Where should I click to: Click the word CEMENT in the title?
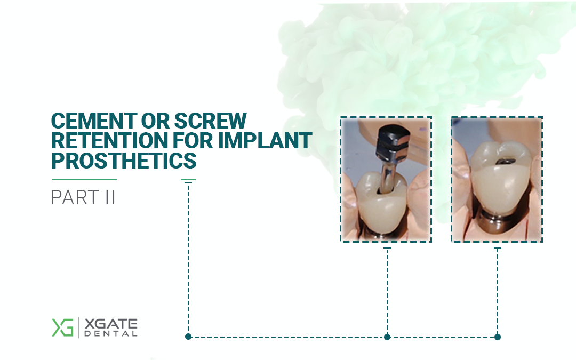point(94,121)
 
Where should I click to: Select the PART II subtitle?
point(83,197)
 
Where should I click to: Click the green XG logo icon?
point(62,327)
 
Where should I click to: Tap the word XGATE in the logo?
point(110,324)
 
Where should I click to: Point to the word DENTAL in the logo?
point(110,333)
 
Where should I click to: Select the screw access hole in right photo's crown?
point(502,161)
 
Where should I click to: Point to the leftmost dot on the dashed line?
point(188,337)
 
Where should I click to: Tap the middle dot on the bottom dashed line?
point(387,337)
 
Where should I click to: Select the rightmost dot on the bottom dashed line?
point(498,337)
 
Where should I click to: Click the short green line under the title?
point(84,180)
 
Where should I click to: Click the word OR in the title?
point(155,121)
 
